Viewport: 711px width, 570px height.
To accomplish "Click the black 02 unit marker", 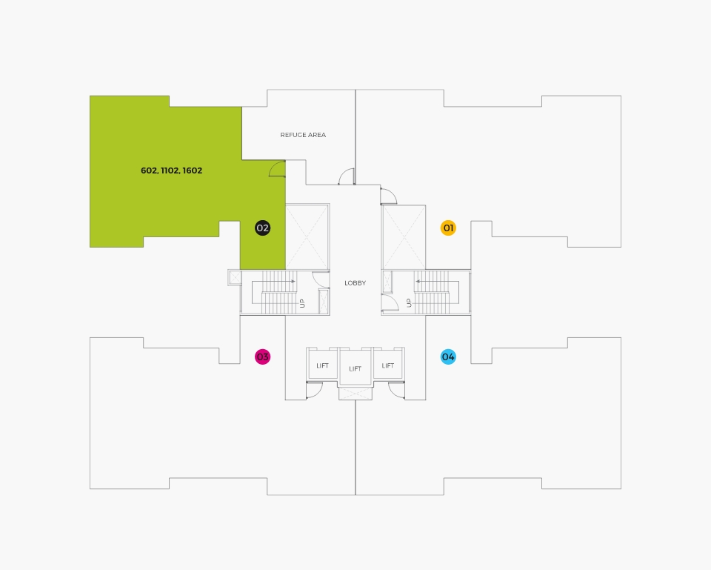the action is coord(262,228).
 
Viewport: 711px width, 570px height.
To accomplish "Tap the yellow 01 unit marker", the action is coord(448,228).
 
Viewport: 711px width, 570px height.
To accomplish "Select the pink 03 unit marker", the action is coord(262,357).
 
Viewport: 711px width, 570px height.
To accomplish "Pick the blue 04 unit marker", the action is coord(448,357).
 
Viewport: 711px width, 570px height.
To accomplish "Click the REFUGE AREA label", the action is coord(303,135).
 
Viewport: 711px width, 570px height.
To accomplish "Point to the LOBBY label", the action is coord(355,282).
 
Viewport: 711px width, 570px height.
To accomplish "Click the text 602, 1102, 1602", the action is coord(171,170).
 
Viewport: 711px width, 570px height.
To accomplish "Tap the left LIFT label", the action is coord(322,365).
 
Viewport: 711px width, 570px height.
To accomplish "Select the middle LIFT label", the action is coord(355,368).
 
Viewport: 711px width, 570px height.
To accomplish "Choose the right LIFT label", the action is coord(387,365).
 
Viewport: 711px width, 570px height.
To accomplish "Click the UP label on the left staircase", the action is coord(302,303).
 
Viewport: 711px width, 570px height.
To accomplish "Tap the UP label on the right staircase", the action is coord(409,303).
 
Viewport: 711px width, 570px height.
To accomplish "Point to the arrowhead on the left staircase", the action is coord(293,282).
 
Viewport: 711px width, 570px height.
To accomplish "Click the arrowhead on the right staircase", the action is coord(417,282).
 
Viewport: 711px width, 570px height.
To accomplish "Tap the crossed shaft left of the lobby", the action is coord(307,236).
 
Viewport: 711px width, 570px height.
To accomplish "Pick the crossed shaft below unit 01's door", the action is coord(404,237).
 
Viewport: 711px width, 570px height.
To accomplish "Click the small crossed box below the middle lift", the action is coord(355,394).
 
